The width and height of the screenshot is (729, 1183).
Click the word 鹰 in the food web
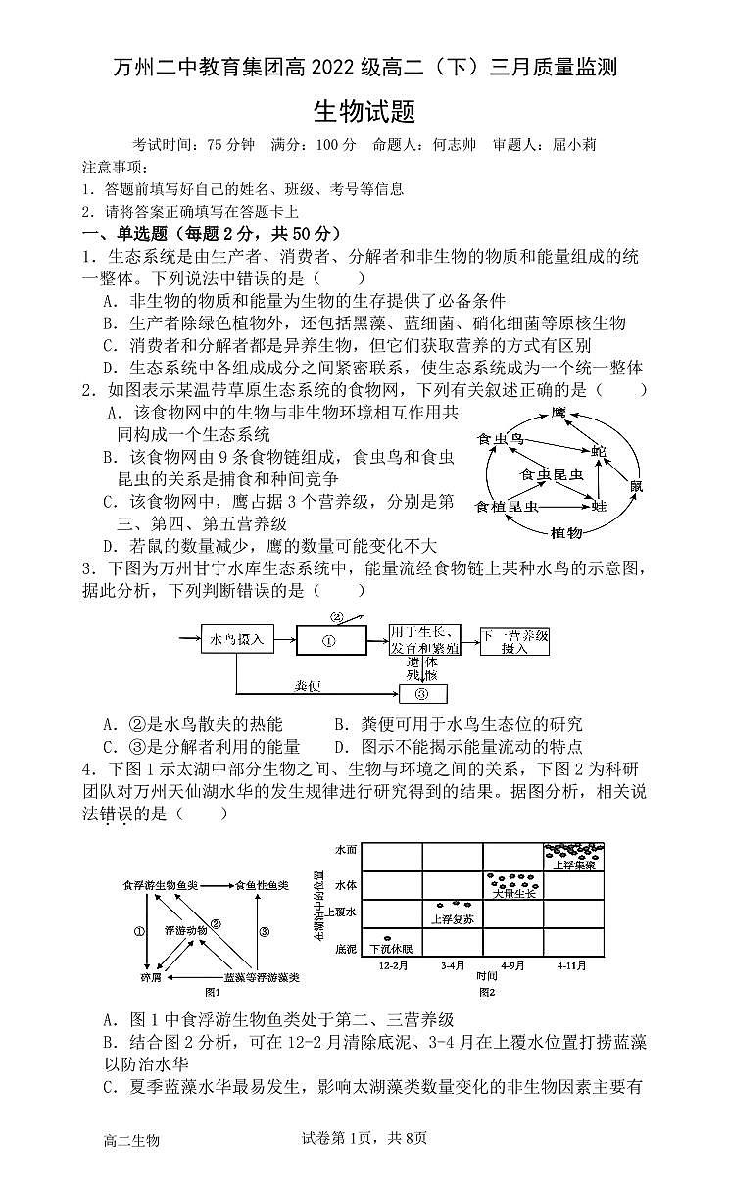coord(559,413)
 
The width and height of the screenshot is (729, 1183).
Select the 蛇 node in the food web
coord(597,450)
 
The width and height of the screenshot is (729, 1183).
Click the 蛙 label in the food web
coord(599,506)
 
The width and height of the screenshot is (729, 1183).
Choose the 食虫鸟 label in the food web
coord(501,440)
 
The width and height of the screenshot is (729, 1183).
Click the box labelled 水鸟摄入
coord(237,640)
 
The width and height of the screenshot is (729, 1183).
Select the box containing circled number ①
coord(329,641)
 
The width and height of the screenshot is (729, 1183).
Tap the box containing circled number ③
coord(423,694)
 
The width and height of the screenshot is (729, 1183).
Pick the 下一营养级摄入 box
coord(514,641)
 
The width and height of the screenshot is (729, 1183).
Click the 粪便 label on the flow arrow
coord(308,686)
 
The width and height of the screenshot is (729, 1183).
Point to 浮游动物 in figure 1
coord(185,928)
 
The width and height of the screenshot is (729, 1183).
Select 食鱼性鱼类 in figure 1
coord(261,885)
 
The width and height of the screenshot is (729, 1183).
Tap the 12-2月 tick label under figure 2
coord(391,965)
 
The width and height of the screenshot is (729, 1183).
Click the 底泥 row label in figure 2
coord(346,948)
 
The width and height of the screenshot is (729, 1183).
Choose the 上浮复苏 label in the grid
coord(453,919)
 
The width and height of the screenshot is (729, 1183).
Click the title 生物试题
coord(364,111)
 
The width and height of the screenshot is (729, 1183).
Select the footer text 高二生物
coord(130,1140)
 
